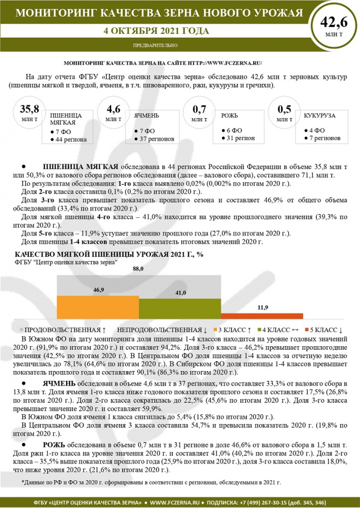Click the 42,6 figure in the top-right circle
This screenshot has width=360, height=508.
(x=333, y=22)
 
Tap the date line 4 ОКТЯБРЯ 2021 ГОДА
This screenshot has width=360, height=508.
(x=156, y=31)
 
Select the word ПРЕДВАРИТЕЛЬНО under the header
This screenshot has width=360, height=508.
(x=155, y=46)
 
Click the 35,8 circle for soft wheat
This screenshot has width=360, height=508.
(x=29, y=113)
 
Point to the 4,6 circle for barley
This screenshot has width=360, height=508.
(x=113, y=113)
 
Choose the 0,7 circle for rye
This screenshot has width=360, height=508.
(x=199, y=113)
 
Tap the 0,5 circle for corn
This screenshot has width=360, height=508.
(x=284, y=113)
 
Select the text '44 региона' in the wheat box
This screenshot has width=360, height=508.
(x=71, y=139)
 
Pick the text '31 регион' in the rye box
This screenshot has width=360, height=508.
(x=240, y=138)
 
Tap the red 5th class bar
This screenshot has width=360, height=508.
(x=261, y=316)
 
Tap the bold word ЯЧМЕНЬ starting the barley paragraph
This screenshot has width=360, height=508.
(x=59, y=384)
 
